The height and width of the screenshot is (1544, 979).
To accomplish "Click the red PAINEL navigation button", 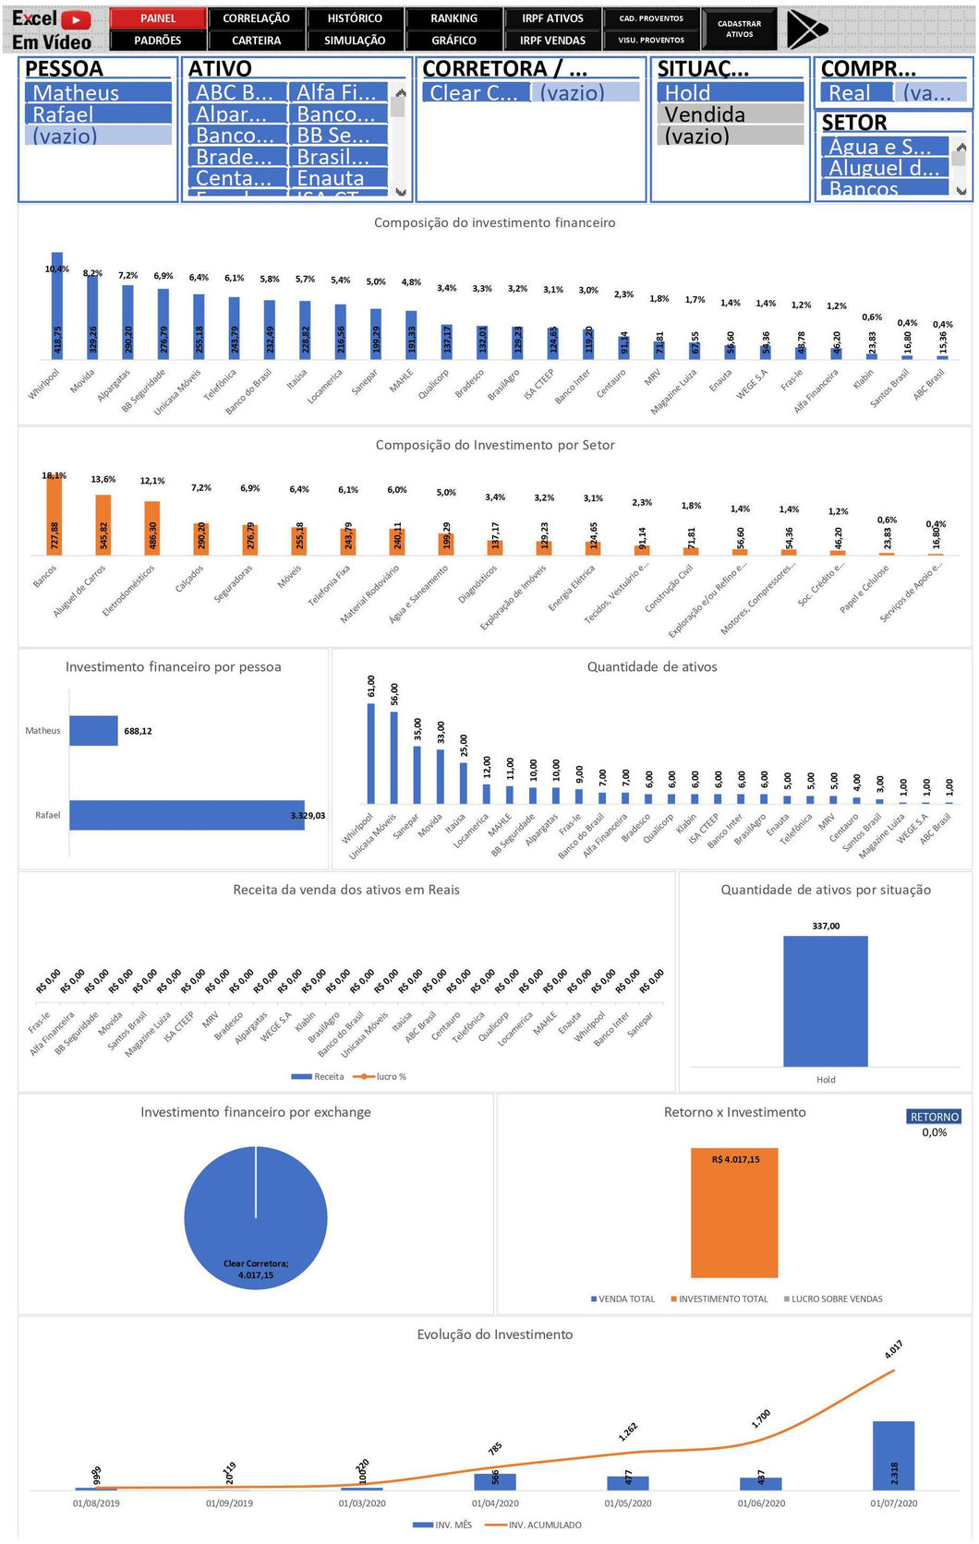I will tap(158, 18).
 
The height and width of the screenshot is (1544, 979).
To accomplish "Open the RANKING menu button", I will tap(453, 18).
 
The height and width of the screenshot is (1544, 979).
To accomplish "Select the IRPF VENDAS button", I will tap(552, 41).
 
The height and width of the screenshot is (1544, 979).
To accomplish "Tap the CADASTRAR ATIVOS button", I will tap(739, 30).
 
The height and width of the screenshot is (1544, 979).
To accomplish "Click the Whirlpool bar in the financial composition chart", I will tap(57, 305).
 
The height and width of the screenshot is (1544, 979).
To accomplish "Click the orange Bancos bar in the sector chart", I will tap(54, 515).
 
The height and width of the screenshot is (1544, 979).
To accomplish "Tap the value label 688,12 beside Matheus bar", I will tap(138, 731).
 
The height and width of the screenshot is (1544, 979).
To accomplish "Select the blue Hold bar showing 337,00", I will tap(825, 1000).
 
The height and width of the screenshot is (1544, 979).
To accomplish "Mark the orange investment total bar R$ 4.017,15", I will tap(734, 1213).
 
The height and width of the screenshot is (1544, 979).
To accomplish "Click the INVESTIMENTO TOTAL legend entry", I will tap(722, 1299).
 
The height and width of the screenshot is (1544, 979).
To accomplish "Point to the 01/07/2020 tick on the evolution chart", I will tap(894, 1503).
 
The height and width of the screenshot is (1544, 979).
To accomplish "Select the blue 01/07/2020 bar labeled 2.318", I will tap(893, 1455).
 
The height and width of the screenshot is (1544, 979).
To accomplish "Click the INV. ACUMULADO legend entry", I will tap(544, 1525).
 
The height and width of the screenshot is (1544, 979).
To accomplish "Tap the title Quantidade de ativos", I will tap(652, 666).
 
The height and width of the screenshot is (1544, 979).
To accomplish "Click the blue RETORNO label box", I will tap(934, 1117).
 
